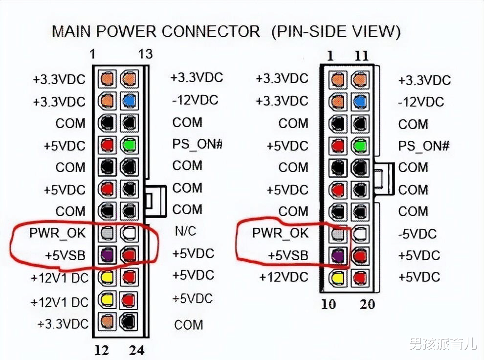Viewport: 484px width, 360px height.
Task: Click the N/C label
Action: coord(185,231)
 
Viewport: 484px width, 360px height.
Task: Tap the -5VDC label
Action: coord(418,234)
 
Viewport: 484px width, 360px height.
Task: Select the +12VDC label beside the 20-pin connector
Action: coord(284,277)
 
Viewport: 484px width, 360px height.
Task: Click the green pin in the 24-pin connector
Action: coord(129,145)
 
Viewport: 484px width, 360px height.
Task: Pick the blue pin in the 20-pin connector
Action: coord(360,102)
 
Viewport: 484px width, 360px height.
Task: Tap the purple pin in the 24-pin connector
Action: coord(107,255)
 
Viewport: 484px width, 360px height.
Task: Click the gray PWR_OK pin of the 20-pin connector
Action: coord(338,234)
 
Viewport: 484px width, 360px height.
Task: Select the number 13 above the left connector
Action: coord(145,54)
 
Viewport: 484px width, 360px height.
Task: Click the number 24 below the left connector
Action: coord(137,350)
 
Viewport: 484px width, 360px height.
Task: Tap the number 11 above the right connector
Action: coord(361,56)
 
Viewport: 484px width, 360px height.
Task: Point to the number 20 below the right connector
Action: coord(367,304)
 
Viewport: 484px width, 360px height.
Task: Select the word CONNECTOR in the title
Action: coord(211,31)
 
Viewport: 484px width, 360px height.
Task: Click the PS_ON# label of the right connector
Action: coord(424,146)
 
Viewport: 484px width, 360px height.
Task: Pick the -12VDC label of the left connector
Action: coord(195,100)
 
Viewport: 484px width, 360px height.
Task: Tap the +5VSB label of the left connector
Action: coord(65,255)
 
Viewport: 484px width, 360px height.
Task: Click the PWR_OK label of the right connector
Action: coord(280,233)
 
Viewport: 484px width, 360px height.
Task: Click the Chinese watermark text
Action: coord(443,344)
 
